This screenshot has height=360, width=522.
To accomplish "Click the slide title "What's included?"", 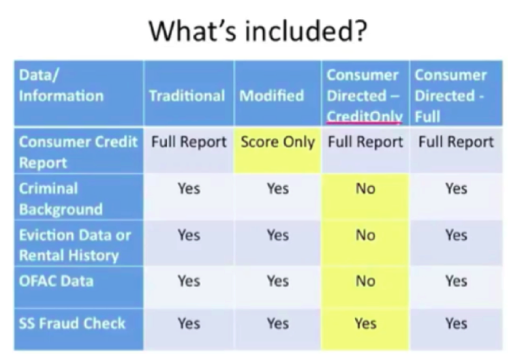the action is (258, 31).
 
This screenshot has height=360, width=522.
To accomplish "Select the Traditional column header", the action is (187, 96).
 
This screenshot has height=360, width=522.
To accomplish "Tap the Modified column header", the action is (271, 96).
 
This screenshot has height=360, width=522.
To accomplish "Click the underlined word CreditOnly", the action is (365, 117).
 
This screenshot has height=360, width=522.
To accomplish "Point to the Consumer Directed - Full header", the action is (450, 96).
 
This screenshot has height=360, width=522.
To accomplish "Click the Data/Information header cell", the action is (61, 85).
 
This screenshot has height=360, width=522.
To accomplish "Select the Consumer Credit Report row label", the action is (78, 153).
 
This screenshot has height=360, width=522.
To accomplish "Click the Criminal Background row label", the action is (61, 199).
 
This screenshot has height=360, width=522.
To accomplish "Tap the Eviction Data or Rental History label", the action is (75, 245).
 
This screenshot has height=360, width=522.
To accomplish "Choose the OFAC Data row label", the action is (56, 281).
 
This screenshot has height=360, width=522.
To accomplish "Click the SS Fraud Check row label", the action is (72, 323).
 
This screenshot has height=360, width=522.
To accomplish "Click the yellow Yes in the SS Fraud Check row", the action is (365, 323).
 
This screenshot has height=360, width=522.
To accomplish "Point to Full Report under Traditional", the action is (189, 142).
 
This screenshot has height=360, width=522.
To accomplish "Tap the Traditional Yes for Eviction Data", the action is (189, 235).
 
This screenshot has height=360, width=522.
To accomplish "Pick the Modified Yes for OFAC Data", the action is (278, 281).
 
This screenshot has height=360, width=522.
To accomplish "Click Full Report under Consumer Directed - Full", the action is (456, 142).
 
